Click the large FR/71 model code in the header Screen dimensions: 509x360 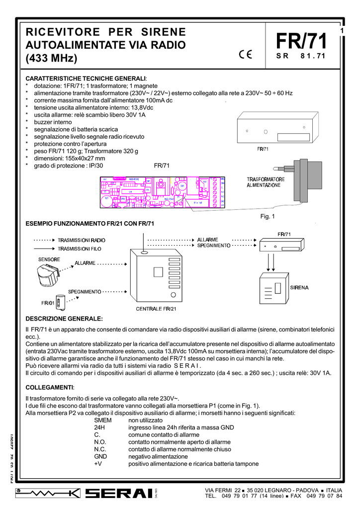tap(301, 41)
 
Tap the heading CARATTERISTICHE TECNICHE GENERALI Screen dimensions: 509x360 tap(86, 79)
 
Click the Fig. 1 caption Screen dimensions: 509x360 tap(268, 216)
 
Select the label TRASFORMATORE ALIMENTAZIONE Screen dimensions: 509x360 tap(266, 182)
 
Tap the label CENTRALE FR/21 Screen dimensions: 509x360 tap(156, 309)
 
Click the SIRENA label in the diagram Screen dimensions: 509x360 tap(298, 287)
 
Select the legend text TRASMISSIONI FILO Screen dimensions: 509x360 tap(82, 249)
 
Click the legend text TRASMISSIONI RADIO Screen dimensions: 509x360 tap(82, 240)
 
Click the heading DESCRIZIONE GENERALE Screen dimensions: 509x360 tap(64, 318)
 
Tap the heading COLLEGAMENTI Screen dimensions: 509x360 tap(50, 387)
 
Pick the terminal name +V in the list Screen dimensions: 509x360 tap(98, 464)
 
